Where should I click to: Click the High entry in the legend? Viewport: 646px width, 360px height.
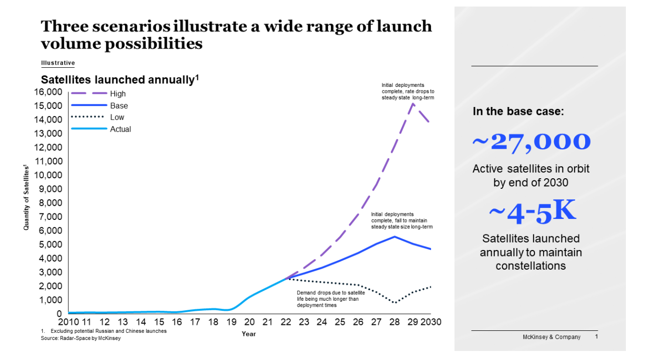click(x=118, y=94)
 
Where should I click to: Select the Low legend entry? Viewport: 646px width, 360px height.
click(x=117, y=117)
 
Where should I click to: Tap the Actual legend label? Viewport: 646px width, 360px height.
click(x=120, y=130)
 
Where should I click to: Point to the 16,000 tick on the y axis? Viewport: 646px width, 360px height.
click(x=48, y=92)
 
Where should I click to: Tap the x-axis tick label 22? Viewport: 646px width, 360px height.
click(x=286, y=322)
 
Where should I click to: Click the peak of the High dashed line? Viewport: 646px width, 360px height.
click(x=412, y=103)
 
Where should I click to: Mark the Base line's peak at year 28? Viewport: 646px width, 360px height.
click(x=394, y=236)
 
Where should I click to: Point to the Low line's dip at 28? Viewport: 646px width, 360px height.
click(x=395, y=303)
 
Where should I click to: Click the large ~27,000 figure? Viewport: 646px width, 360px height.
click(x=530, y=142)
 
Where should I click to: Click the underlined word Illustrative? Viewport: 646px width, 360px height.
click(x=58, y=63)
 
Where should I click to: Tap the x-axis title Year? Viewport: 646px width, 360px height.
click(x=249, y=334)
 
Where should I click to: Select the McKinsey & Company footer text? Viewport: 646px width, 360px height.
click(x=551, y=337)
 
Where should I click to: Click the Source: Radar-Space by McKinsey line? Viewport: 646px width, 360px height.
click(x=80, y=338)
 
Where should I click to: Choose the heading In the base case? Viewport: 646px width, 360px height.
click(x=518, y=111)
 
